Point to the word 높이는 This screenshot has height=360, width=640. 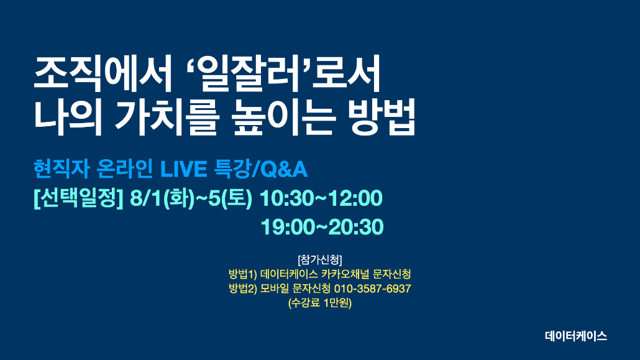[x=283, y=118]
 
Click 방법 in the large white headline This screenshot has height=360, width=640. [x=383, y=118]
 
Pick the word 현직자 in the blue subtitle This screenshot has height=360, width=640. [x=62, y=168]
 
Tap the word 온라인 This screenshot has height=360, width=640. [x=125, y=168]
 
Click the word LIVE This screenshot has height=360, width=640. [x=184, y=169]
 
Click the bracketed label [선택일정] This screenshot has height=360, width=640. [x=78, y=198]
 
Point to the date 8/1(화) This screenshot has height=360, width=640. [x=162, y=198]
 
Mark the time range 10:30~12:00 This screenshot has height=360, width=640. [x=321, y=198]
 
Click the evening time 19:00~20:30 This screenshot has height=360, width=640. [x=322, y=227]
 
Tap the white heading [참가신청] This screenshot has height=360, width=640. [x=320, y=260]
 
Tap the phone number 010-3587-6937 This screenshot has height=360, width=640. [x=373, y=289]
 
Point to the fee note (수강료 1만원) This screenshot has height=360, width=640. [x=320, y=303]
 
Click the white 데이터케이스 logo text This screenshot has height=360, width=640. [x=576, y=336]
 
